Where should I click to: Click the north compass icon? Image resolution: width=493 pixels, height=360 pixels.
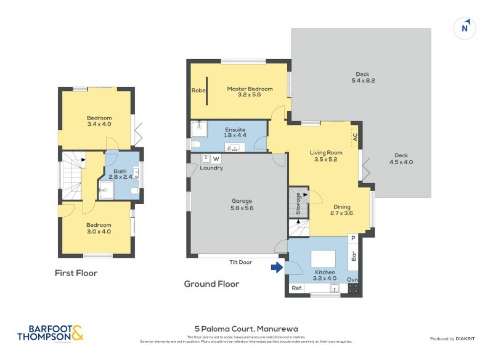click(465, 27)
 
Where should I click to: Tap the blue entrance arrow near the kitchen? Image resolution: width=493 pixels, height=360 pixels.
click(277, 267)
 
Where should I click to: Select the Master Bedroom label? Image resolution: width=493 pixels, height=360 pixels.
click(250, 92)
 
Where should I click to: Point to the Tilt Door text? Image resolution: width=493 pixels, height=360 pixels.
click(240, 262)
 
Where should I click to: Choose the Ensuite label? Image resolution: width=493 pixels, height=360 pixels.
click(235, 133)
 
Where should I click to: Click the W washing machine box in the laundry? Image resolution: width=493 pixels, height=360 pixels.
click(216, 158)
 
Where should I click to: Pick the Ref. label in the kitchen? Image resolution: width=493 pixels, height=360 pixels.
click(297, 288)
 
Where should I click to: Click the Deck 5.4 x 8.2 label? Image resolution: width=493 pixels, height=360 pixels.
click(363, 77)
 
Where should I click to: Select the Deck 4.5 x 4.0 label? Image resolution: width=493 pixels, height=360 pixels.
click(401, 158)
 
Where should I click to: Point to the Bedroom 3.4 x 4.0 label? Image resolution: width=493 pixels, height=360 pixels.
click(99, 121)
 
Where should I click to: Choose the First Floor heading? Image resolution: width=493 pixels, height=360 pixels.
click(76, 272)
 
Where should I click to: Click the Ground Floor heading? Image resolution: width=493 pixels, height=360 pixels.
click(211, 284)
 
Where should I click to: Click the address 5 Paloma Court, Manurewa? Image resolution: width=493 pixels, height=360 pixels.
click(246, 329)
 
